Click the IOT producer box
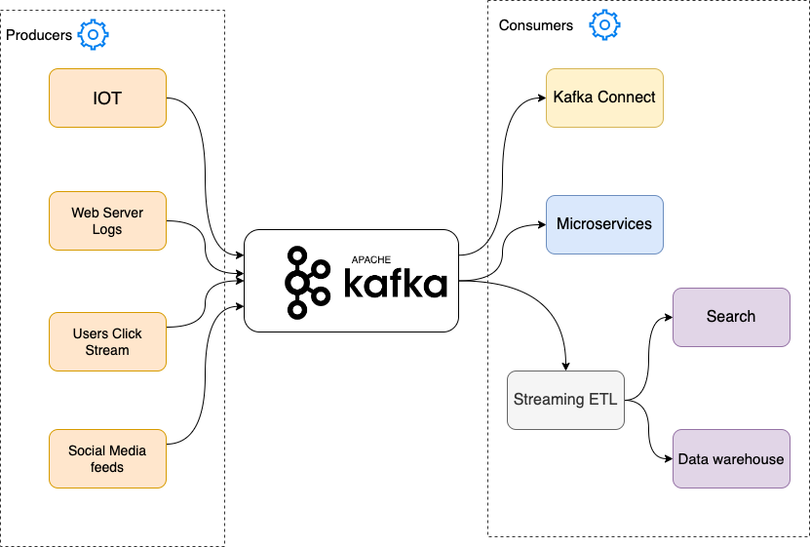pyautogui.click(x=107, y=98)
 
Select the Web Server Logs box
pyautogui.click(x=107, y=221)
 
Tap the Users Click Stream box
pyautogui.click(x=107, y=341)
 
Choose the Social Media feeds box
pyautogui.click(x=107, y=458)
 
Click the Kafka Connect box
pyautogui.click(x=604, y=98)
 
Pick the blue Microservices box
pyautogui.click(x=604, y=224)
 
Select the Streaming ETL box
pyautogui.click(x=565, y=400)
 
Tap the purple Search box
pyautogui.click(x=731, y=317)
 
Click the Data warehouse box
pyautogui.click(x=731, y=458)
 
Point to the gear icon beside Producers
pyautogui.click(x=93, y=35)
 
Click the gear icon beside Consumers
pyautogui.click(x=604, y=24)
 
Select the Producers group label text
pyautogui.click(x=39, y=35)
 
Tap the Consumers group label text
pyautogui.click(x=536, y=25)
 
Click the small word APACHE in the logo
pyautogui.click(x=370, y=260)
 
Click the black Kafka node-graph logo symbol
pyautogui.click(x=308, y=283)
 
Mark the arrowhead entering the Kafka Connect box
pyautogui.click(x=540, y=98)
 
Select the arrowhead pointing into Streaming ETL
pyautogui.click(x=565, y=366)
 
